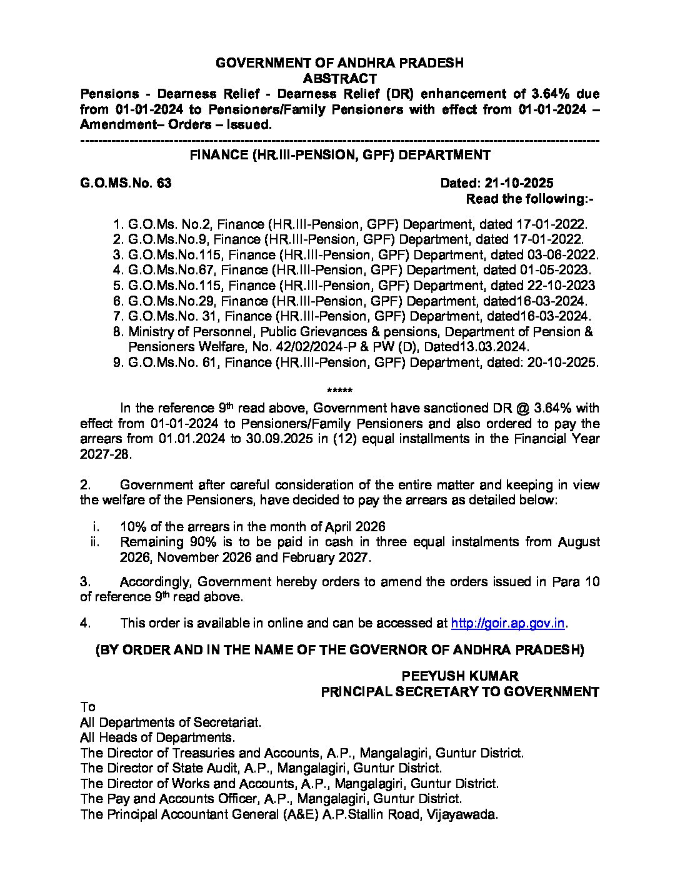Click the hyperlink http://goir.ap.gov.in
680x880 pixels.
click(x=508, y=623)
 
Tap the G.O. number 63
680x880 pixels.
click(x=164, y=184)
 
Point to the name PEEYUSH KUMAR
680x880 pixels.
click(x=460, y=676)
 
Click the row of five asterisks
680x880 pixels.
click(x=340, y=392)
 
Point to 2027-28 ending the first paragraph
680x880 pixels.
click(x=106, y=454)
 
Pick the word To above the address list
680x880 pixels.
click(x=87, y=707)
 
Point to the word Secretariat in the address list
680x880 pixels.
click(x=228, y=722)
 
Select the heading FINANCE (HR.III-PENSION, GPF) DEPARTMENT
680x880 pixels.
click(x=340, y=155)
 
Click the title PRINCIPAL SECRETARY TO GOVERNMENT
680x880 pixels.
click(x=460, y=691)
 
